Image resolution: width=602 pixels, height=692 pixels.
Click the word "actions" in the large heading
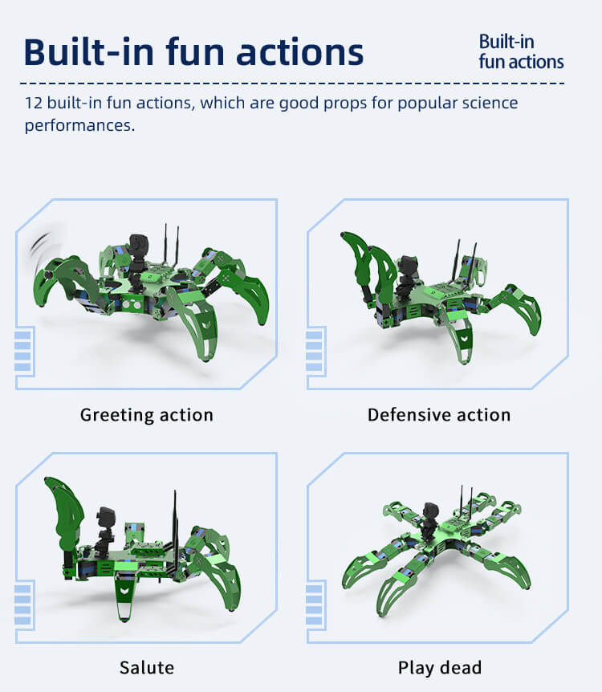[x=299, y=52]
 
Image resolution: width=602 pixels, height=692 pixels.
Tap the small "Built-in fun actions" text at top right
[x=521, y=51]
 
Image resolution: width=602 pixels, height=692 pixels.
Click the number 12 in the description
[x=34, y=103]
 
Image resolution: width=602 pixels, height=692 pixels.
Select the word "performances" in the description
[x=79, y=125]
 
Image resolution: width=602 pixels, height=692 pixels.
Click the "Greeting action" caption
[x=147, y=415]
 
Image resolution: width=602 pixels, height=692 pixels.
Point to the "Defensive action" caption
[x=439, y=415]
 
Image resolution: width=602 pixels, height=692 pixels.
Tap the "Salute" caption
[x=147, y=668]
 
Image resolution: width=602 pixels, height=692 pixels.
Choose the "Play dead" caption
[x=440, y=668]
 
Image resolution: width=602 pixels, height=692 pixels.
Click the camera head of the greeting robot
[x=138, y=245]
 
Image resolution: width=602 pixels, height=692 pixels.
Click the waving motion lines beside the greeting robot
[x=39, y=247]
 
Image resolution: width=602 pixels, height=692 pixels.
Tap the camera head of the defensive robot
[x=408, y=267]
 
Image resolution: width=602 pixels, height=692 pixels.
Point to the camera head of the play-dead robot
[x=430, y=513]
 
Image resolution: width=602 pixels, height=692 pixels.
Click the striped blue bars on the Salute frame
[x=22, y=604]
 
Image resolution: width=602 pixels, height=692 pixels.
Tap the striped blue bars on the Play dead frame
[x=314, y=604]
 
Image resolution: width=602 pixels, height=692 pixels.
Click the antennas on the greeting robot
[x=172, y=245]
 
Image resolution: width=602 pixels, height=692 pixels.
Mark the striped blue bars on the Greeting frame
[x=22, y=351]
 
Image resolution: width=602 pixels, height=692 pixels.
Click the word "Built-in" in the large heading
[x=89, y=52]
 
